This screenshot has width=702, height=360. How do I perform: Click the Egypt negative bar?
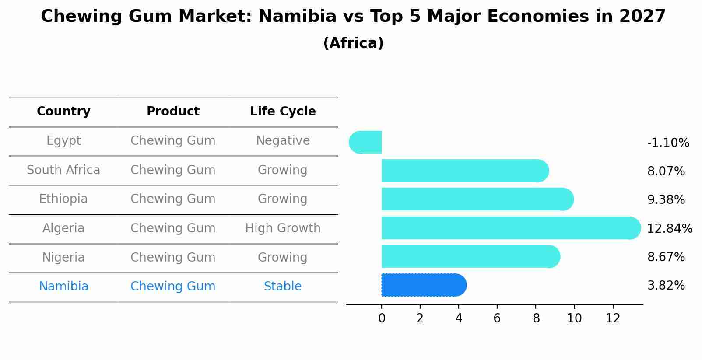tap(366, 142)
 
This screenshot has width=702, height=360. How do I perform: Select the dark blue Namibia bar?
tap(423, 285)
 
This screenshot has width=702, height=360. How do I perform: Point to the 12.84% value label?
tap(669, 228)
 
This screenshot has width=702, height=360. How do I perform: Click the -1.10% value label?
tap(668, 143)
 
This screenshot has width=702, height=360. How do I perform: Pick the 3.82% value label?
tap(666, 286)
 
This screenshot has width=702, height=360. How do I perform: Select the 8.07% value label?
tap(666, 171)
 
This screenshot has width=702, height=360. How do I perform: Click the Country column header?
tap(63, 112)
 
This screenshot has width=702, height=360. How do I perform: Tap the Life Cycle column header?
tap(283, 112)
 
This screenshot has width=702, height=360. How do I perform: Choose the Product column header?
tap(173, 112)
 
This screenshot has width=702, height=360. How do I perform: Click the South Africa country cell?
tap(63, 170)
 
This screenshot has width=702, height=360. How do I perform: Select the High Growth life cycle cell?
tap(283, 228)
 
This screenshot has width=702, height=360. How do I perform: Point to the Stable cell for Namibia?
tap(283, 287)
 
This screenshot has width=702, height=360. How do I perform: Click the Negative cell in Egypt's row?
tap(283, 141)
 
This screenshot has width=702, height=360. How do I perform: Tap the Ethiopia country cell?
tap(63, 199)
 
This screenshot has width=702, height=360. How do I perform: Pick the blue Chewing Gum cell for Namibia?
tap(173, 287)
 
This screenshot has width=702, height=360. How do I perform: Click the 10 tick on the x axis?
tap(574, 318)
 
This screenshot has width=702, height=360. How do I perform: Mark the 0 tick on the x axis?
tap(382, 318)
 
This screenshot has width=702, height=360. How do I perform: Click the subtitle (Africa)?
tap(353, 43)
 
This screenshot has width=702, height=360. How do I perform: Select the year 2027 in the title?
tap(642, 17)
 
